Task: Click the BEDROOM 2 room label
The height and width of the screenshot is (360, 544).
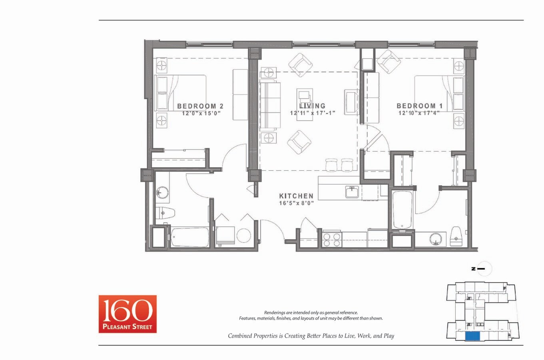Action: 200,106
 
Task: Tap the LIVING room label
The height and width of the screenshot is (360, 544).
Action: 313,106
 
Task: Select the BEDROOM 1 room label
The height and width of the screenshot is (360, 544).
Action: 419,106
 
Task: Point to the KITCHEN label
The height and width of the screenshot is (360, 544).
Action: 296,196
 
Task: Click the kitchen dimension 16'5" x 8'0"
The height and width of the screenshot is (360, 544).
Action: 296,203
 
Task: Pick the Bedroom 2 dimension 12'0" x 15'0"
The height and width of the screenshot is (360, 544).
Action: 201,113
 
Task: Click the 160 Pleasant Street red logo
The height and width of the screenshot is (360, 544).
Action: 128,314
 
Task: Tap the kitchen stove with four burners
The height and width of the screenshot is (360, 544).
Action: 331,239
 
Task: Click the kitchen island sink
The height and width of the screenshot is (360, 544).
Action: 352,192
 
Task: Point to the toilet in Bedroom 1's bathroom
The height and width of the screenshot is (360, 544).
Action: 456,236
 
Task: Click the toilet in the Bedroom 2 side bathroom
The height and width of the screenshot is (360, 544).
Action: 165,212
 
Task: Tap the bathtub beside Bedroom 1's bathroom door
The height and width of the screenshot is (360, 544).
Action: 402,210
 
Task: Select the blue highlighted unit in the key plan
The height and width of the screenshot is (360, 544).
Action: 473,336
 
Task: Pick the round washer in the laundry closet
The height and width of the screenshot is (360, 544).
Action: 243,236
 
